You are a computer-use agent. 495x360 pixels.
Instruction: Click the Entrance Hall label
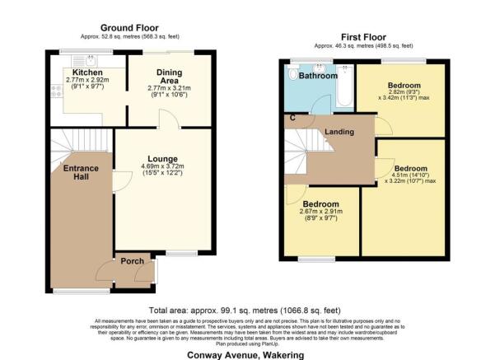tap(81, 172)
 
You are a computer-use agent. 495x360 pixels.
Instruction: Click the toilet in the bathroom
tap(294, 75)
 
